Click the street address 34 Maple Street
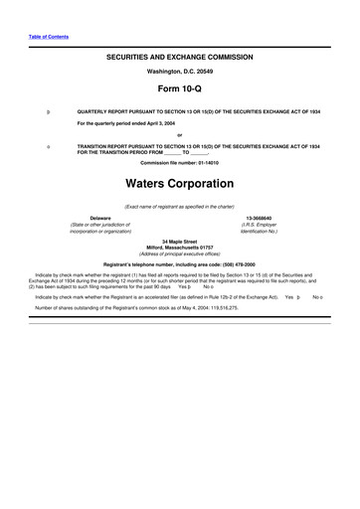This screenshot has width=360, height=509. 180,240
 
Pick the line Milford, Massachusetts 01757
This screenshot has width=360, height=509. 180,247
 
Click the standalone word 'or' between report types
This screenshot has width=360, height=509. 180,136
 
